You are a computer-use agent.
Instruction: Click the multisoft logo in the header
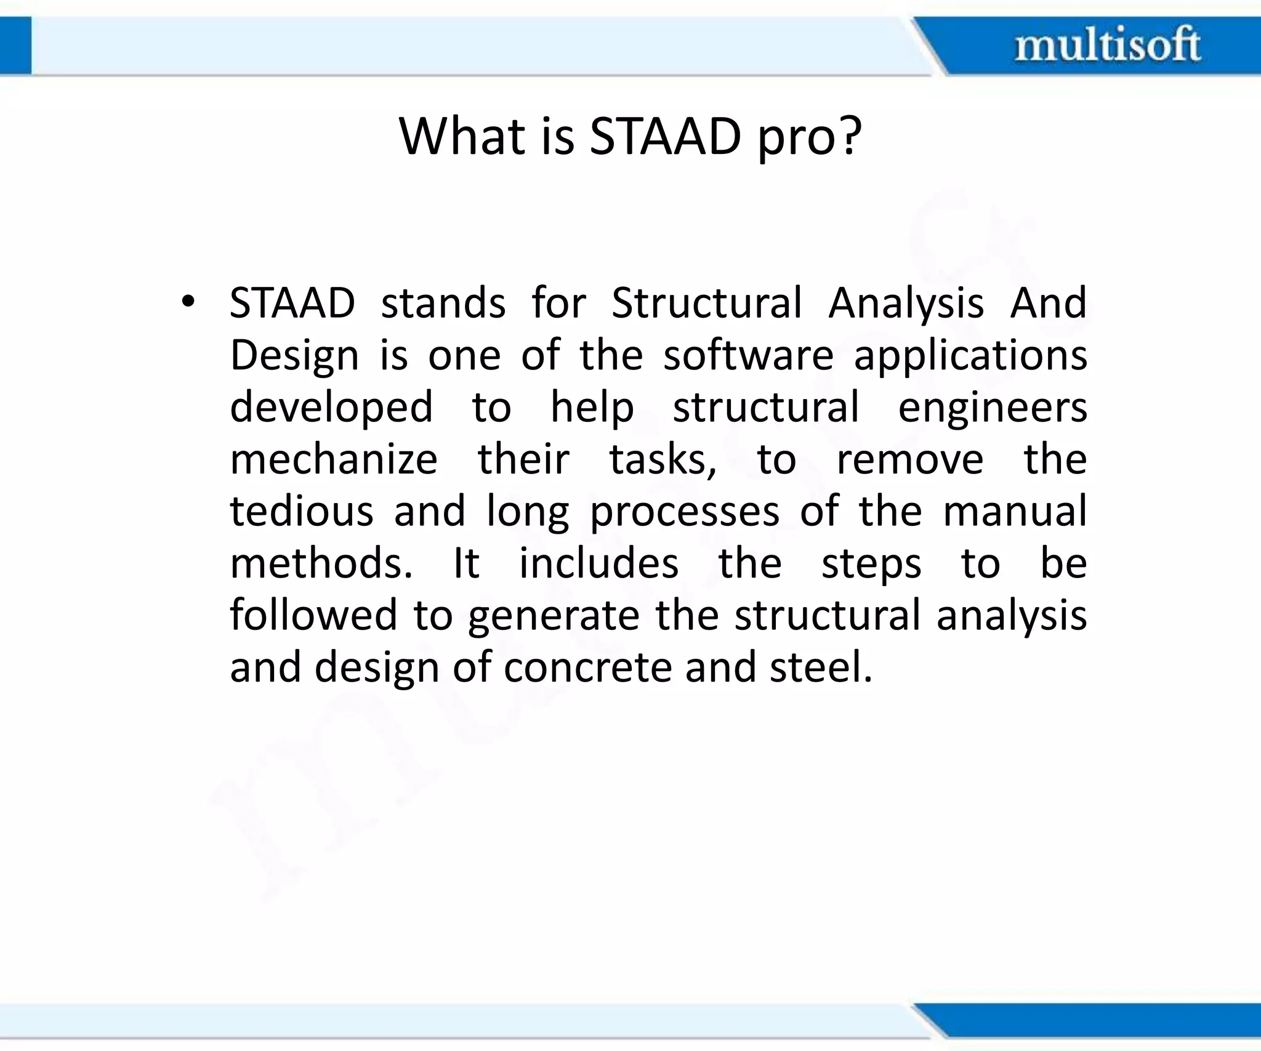[x=1107, y=45]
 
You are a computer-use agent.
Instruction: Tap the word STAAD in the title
[x=665, y=137]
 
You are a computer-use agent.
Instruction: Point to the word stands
[x=443, y=303]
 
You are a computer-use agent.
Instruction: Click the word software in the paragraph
[x=748, y=355]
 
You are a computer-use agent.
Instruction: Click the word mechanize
[x=334, y=459]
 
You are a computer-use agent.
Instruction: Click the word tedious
[x=301, y=512]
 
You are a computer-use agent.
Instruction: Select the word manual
[x=1014, y=512]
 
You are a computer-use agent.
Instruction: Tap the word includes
[x=598, y=563]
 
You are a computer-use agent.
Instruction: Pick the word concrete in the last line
[x=587, y=668]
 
